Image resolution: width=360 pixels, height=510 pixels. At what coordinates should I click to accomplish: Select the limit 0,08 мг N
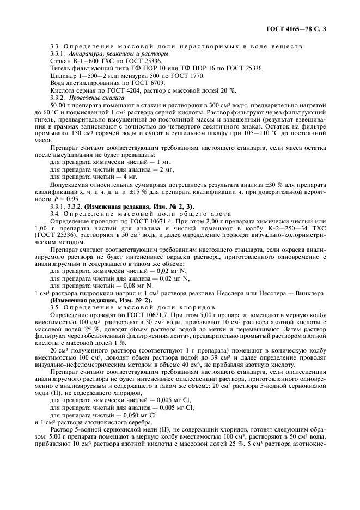tap(160, 285)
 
